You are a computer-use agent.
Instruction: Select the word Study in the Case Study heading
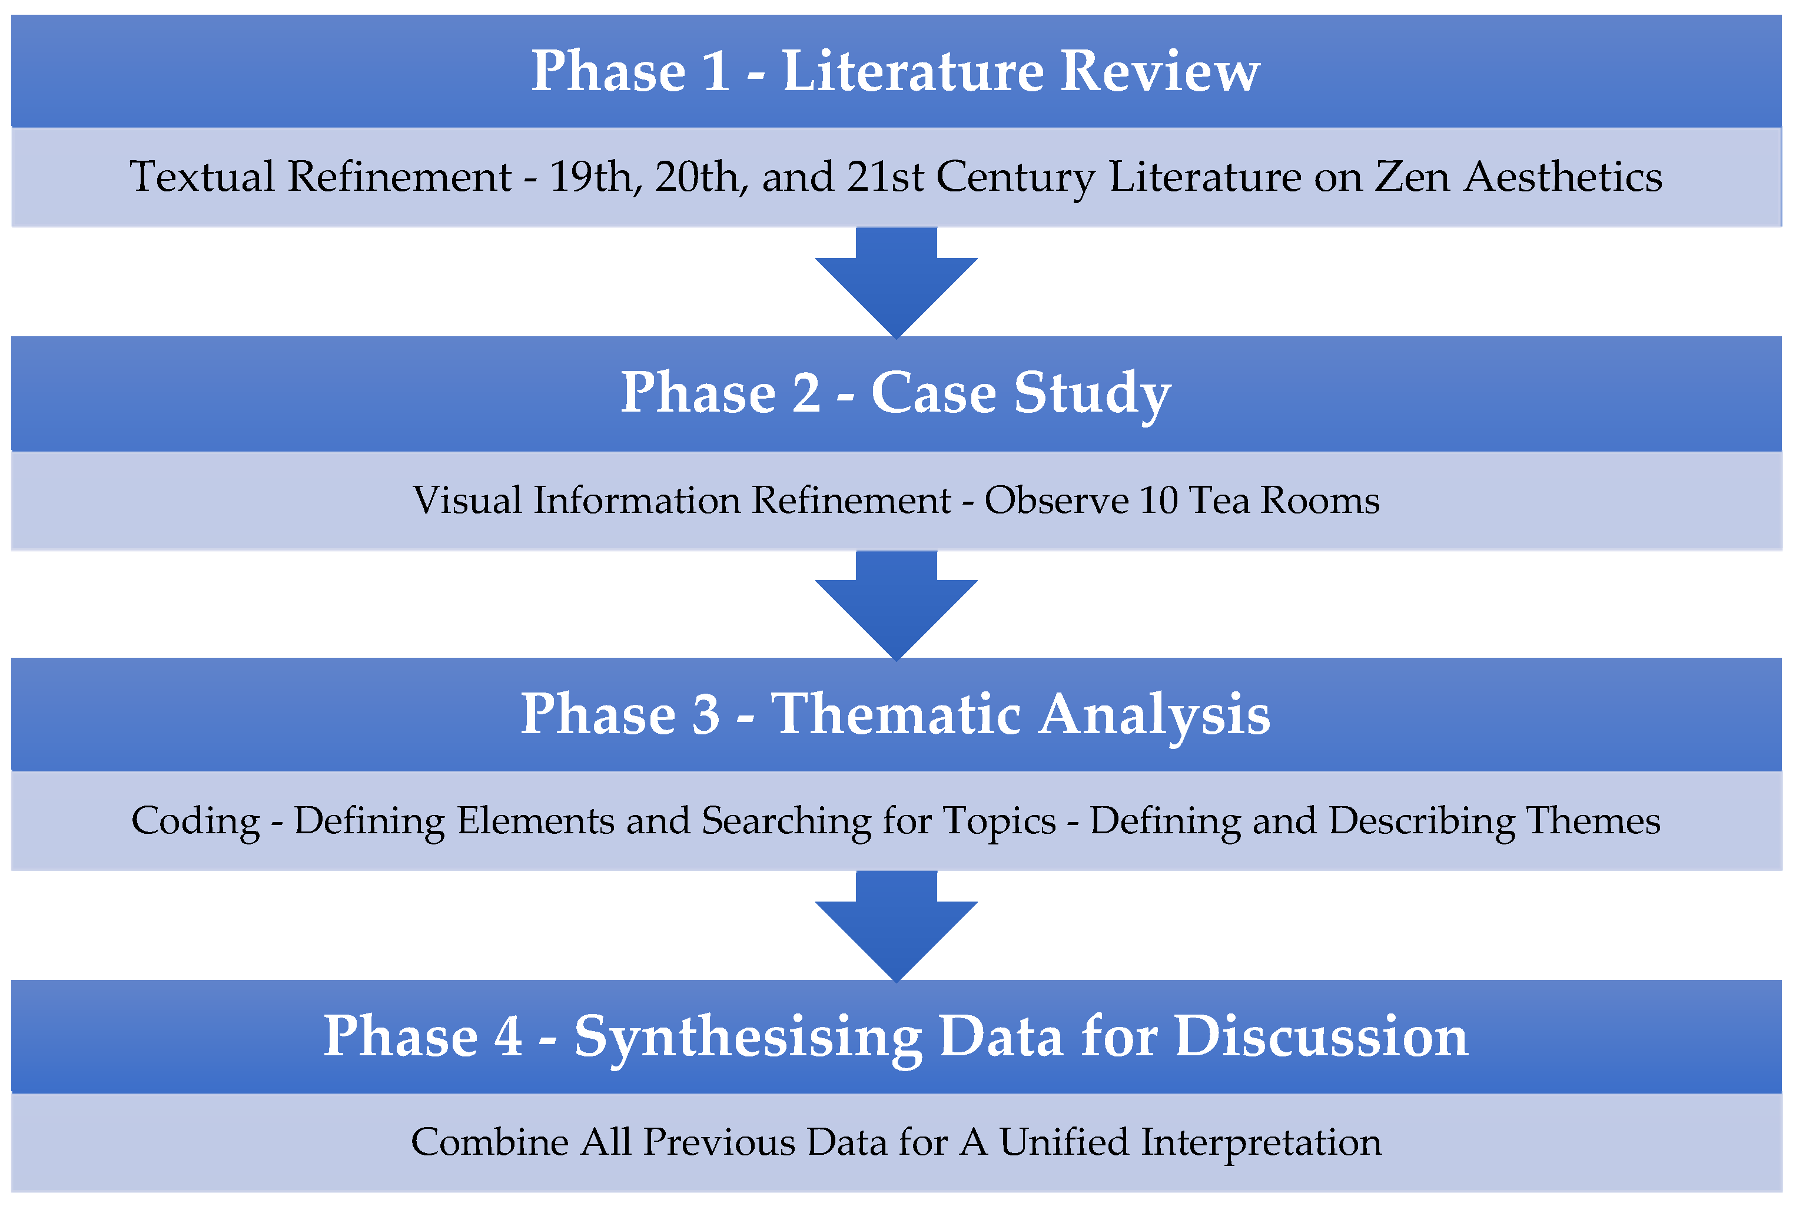1092,395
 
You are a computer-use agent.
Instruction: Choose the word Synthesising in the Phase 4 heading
748,1038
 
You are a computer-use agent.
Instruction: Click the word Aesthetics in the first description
1562,177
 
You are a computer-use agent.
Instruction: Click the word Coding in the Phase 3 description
196,821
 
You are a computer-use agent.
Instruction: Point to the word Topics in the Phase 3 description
1000,821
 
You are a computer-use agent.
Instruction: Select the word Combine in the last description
490,1142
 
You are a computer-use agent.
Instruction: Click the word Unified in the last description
1063,1142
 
